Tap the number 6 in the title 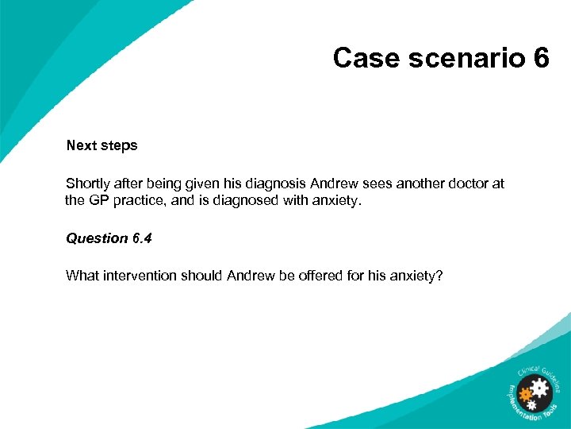pyautogui.click(x=542, y=58)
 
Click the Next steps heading pyautogui.click(x=102, y=145)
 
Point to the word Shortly pyautogui.click(x=89, y=184)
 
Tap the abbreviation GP pyautogui.click(x=100, y=201)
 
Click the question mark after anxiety pyautogui.click(x=439, y=276)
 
